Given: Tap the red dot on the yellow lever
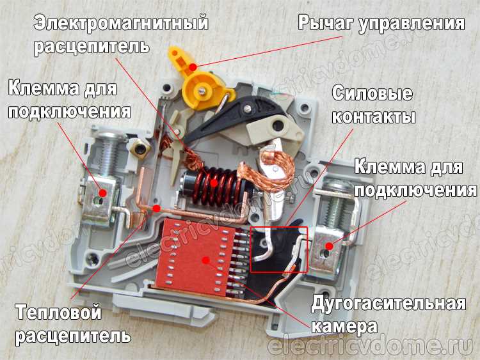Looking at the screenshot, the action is pyautogui.click(x=193, y=67).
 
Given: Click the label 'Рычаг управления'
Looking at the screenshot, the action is pyautogui.click(x=381, y=24).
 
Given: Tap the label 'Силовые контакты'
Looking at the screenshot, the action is pyautogui.click(x=373, y=105).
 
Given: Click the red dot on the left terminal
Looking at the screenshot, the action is pyautogui.click(x=103, y=192).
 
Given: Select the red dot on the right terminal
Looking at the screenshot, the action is pyautogui.click(x=329, y=246).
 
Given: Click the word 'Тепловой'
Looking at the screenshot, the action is pyautogui.click(x=58, y=313).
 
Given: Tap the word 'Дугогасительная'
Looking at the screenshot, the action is pyautogui.click(x=388, y=304).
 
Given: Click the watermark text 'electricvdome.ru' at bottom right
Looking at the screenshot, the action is pyautogui.click(x=371, y=346).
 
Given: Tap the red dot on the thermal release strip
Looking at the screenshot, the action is pyautogui.click(x=156, y=208).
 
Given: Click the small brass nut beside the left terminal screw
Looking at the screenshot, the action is pyautogui.click(x=140, y=148).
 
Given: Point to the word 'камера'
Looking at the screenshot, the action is pyautogui.click(x=344, y=326).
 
